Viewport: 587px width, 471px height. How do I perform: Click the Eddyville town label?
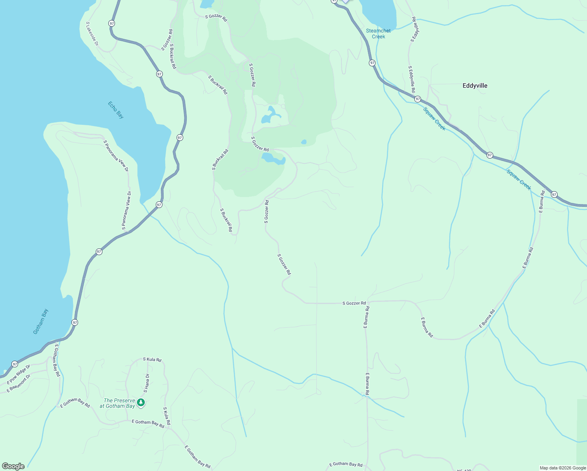pos(475,86)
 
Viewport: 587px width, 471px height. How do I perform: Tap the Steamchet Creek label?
pos(378,33)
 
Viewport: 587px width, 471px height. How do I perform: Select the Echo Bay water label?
pos(116,110)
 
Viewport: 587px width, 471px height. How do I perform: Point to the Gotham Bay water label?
pos(41,322)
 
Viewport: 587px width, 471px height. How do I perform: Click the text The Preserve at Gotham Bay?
pos(117,403)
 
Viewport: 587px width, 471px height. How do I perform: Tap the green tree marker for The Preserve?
pos(141,402)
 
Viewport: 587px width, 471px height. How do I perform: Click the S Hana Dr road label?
pos(146,383)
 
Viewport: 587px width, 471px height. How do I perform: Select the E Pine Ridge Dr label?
pos(18,374)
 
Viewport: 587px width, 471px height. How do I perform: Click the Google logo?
pos(13,466)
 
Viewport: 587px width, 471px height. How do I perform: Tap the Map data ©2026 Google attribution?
pos(563,468)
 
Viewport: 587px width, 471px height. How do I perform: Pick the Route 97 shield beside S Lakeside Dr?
pos(112,24)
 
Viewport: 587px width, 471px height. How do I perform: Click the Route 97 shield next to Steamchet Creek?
pos(372,63)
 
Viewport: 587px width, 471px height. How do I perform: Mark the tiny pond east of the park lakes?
pos(303,142)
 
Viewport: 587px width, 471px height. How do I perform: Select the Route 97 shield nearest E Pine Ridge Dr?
pos(15,364)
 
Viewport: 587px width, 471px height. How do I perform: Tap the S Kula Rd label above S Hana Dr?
pos(152,359)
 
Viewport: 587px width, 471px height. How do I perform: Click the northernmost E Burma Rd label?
pos(541,202)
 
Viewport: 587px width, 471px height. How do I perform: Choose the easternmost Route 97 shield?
pos(554,194)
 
